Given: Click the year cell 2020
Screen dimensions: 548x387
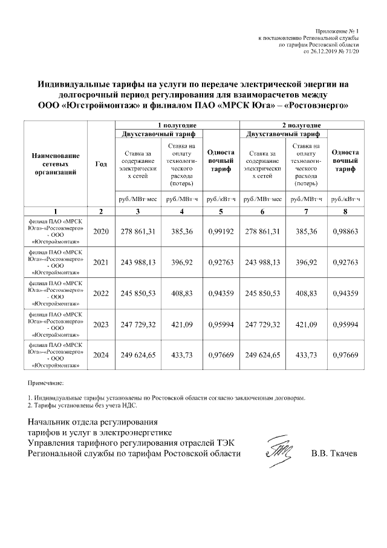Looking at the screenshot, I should pyautogui.click(x=101, y=231).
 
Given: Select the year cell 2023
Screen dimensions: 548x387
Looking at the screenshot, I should pyautogui.click(x=101, y=325).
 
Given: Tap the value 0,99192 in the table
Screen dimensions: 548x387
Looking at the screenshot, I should pyautogui.click(x=221, y=231).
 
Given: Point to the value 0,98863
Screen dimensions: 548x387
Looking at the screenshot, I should pyautogui.click(x=346, y=231).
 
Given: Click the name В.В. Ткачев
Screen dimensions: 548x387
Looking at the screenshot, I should pyautogui.click(x=334, y=453).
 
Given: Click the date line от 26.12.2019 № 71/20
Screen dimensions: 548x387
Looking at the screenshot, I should pyautogui.click(x=331, y=52).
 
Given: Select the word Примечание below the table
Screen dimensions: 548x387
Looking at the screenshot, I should pyautogui.click(x=46, y=384).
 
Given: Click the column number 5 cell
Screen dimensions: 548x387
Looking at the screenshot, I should pyautogui.click(x=221, y=211).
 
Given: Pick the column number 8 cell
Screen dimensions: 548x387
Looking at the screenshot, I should pyautogui.click(x=346, y=211).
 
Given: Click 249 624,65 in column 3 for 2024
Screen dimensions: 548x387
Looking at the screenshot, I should pyautogui.click(x=138, y=355).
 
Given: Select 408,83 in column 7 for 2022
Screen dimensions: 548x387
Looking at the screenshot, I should pyautogui.click(x=305, y=294).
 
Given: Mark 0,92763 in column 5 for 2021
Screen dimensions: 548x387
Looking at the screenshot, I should pyautogui.click(x=221, y=262).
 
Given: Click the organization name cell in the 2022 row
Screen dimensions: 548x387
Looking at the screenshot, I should pyautogui.click(x=56, y=294).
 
